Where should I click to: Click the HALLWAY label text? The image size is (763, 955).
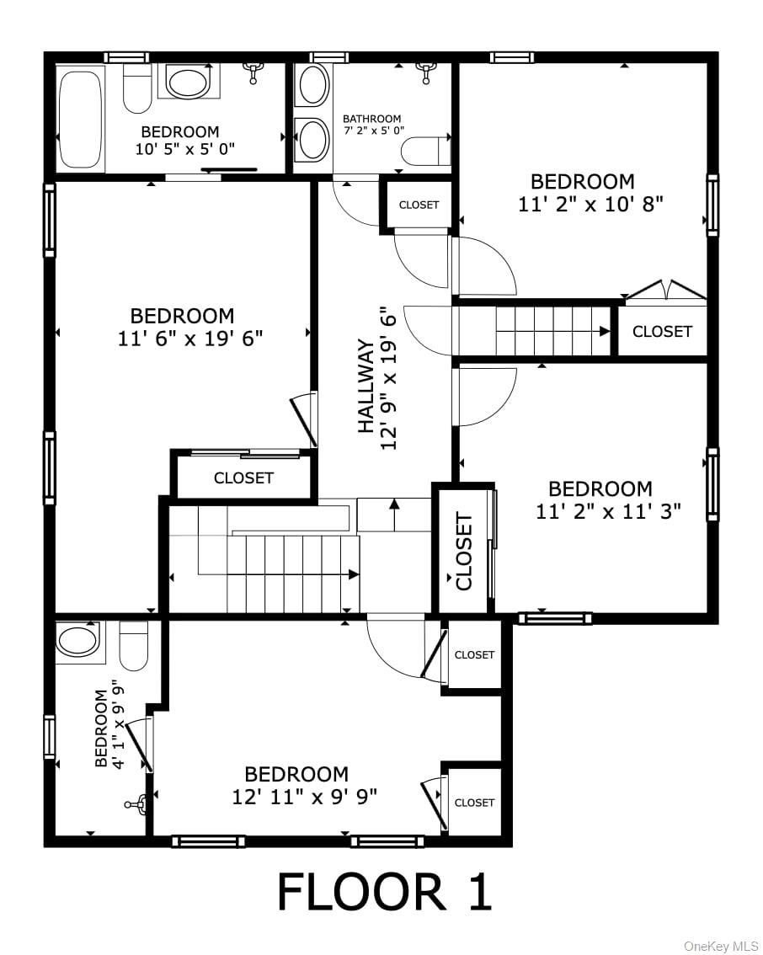point(365,386)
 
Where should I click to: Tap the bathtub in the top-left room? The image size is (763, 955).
point(81,120)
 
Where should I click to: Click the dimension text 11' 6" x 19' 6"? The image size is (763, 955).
point(191,339)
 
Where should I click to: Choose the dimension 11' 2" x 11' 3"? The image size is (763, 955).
point(608,511)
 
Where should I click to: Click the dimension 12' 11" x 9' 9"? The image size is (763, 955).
point(304,796)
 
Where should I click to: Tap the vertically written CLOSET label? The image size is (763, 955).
point(464,551)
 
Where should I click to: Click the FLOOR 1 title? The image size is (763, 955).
point(384,893)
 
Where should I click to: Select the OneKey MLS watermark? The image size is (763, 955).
point(721,947)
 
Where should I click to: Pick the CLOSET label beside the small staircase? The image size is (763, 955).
point(662,332)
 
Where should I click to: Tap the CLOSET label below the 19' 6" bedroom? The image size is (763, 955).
point(243,478)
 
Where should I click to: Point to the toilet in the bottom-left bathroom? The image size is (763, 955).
point(134,645)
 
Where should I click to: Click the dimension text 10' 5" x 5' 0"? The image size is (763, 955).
point(184,149)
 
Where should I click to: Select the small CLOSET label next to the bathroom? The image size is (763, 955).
point(419,205)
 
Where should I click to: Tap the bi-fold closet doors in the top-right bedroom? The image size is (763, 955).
point(665,291)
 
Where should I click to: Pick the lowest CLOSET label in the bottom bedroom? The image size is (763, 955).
point(474,803)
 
